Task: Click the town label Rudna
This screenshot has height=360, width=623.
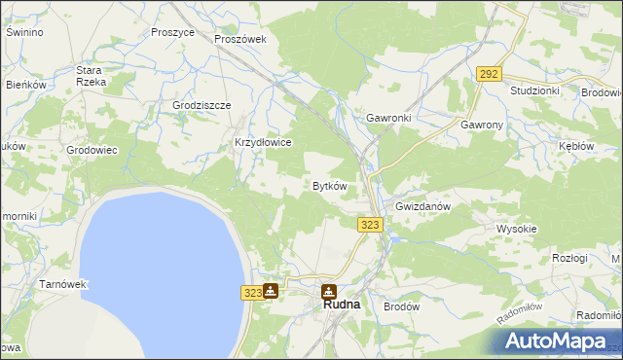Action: [341, 305]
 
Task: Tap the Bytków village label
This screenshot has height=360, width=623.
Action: [329, 186]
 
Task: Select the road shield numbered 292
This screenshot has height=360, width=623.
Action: [489, 73]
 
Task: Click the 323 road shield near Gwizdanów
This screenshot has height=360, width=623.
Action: [370, 225]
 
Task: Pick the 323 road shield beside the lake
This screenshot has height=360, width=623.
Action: [250, 291]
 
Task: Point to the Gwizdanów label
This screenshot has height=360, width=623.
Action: [421, 207]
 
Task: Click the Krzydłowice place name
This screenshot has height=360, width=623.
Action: [264, 142]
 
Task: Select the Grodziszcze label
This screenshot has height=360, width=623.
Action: [202, 105]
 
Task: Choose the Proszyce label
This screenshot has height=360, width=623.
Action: [173, 32]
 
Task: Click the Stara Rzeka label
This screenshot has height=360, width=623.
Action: [91, 76]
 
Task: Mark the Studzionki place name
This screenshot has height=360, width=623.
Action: [534, 90]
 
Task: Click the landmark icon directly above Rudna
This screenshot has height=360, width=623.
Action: [330, 290]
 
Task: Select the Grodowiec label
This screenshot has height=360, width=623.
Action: [92, 150]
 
